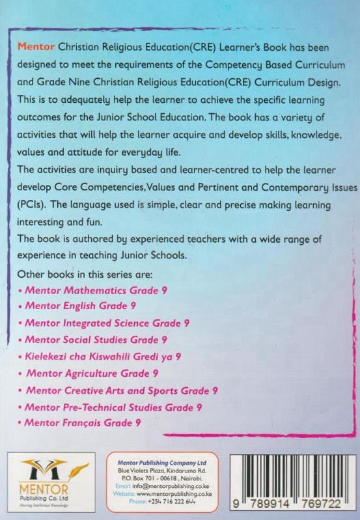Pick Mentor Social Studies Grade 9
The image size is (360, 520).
pos(95,340)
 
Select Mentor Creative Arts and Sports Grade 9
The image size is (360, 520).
pos(122,390)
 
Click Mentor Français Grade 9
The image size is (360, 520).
pos(84,423)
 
